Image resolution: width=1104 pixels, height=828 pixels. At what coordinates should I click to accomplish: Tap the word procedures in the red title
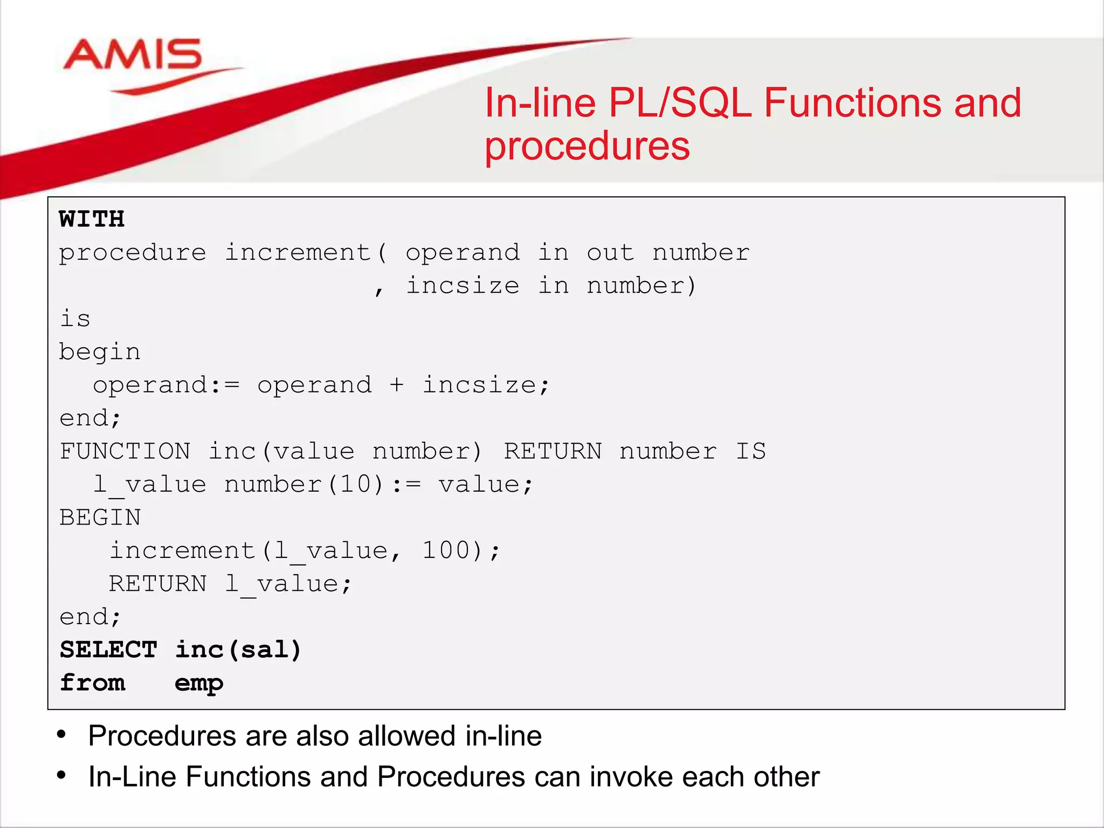click(x=586, y=146)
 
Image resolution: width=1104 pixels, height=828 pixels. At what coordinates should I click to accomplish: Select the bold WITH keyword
click(x=92, y=219)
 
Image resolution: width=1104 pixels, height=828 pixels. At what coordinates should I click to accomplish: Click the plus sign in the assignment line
click(x=397, y=385)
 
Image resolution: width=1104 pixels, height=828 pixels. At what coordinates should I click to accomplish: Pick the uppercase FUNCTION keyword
click(x=125, y=451)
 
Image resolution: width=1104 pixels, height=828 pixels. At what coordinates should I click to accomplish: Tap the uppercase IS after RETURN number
click(x=750, y=451)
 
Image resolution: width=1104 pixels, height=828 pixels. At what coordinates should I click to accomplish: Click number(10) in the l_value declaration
click(x=303, y=484)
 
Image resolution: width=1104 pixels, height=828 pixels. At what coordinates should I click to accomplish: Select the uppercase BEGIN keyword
click(x=100, y=517)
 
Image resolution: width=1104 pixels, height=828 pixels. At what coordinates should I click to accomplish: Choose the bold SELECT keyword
click(x=108, y=650)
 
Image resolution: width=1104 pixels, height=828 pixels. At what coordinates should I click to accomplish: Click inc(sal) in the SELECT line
click(x=238, y=650)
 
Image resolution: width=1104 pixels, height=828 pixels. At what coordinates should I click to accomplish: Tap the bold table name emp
click(x=199, y=684)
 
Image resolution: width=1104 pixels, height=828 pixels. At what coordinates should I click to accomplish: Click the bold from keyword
click(x=92, y=683)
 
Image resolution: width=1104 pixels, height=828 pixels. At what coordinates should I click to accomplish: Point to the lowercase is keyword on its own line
click(x=75, y=319)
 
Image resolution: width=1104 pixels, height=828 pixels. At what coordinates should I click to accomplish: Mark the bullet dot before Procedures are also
click(x=61, y=734)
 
